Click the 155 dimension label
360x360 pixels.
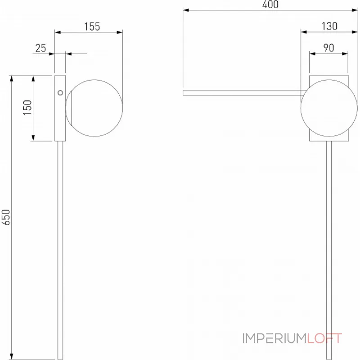(x=92, y=27)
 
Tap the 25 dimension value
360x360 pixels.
(x=40, y=48)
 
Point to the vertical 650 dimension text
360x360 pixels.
(x=5, y=217)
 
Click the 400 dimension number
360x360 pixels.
(x=270, y=5)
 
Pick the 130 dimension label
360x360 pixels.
(x=329, y=27)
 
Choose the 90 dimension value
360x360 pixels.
(x=328, y=48)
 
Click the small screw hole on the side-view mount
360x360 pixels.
(x=60, y=93)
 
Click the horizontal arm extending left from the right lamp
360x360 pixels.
(x=243, y=93)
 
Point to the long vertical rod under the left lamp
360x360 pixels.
(x=59, y=247)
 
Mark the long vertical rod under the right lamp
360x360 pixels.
(x=331, y=247)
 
